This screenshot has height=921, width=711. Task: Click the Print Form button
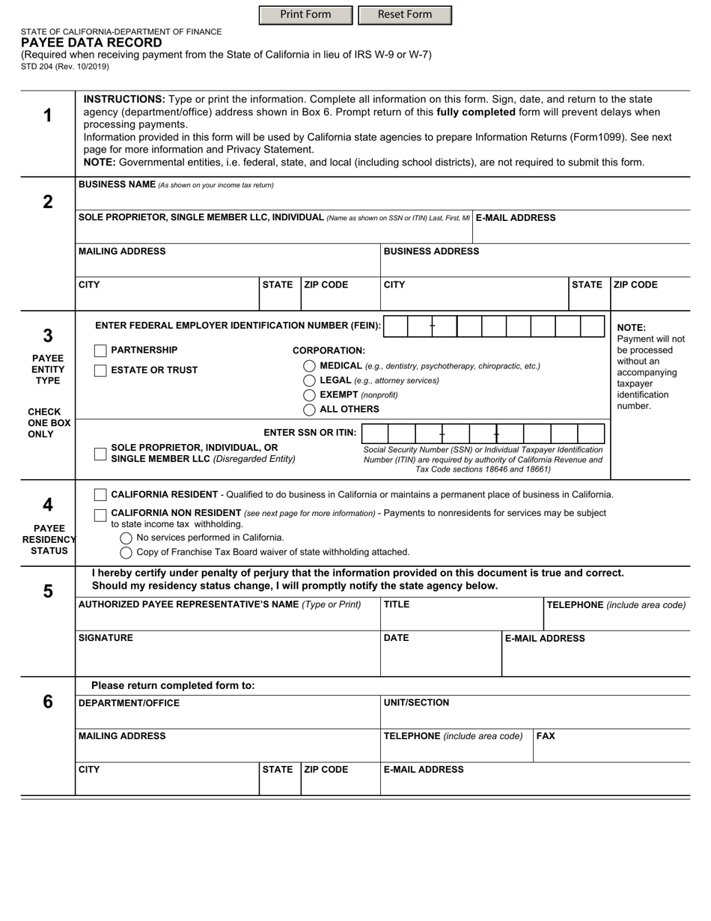(x=305, y=15)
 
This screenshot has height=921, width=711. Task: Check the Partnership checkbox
(x=100, y=350)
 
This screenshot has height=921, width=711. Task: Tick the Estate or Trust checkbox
(x=100, y=370)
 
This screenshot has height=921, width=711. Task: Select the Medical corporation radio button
(x=309, y=366)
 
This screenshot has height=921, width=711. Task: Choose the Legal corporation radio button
(x=309, y=380)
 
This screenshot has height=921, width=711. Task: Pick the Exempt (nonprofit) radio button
(x=309, y=395)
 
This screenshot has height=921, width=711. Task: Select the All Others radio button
(x=309, y=410)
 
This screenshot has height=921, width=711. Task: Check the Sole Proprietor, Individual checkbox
(x=100, y=454)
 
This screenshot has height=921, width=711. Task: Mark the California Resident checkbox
(x=100, y=495)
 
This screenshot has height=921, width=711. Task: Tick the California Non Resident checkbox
(x=100, y=514)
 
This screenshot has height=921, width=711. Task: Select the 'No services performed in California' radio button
(x=126, y=538)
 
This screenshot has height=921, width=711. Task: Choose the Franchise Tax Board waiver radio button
(x=126, y=553)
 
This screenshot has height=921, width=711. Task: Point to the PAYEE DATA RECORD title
(x=91, y=43)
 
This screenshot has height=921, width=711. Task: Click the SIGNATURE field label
(x=106, y=638)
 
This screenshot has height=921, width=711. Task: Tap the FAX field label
(x=546, y=736)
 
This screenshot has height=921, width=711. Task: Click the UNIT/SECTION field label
(x=416, y=703)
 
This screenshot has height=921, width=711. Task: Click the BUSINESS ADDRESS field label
(x=431, y=252)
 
